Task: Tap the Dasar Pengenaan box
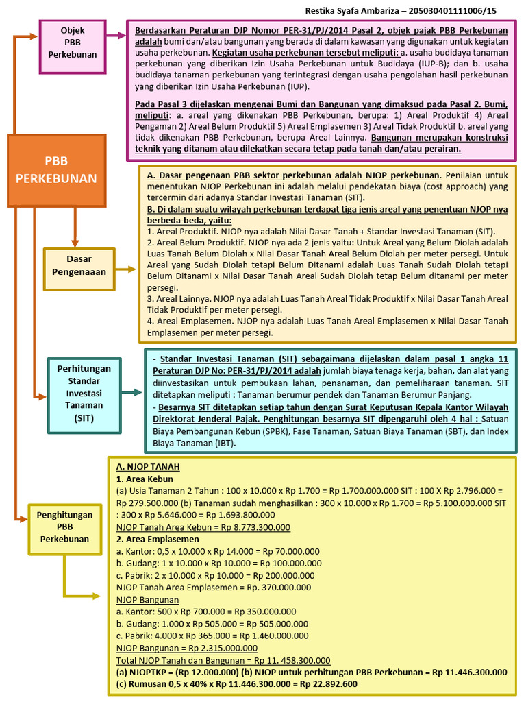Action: (x=79, y=265)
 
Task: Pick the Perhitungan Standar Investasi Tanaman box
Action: (x=84, y=393)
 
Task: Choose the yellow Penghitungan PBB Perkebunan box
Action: (x=64, y=529)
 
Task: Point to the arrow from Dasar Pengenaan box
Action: (x=126, y=269)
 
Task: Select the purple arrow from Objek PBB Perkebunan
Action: (x=116, y=33)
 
